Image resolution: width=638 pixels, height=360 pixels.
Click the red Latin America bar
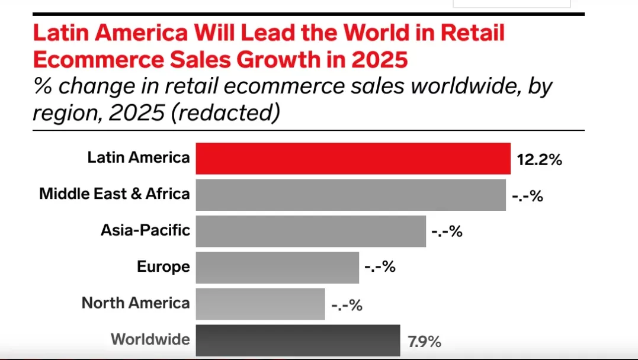[352, 158]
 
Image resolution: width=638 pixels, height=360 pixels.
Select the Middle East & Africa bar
[350, 195]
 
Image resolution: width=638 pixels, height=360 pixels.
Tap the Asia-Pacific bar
[310, 231]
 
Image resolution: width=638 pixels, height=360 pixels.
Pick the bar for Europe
[277, 268]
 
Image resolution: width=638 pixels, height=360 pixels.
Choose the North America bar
[260, 304]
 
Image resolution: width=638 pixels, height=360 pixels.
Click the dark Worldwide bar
[297, 340]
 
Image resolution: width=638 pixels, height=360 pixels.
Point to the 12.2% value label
[539, 159]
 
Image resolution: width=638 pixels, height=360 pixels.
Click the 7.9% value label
[424, 341]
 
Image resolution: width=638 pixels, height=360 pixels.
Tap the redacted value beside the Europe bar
[380, 268]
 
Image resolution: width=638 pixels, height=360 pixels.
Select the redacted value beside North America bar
[347, 305]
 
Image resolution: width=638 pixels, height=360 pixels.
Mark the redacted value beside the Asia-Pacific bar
[447, 232]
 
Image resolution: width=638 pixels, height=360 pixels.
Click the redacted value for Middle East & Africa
[527, 196]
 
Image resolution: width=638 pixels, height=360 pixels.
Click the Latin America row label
[139, 157]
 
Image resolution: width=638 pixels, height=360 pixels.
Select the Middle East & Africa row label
[114, 194]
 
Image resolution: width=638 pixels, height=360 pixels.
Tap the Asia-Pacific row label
[145, 230]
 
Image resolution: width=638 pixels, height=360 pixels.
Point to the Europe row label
[163, 266]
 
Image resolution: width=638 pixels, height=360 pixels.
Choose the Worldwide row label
[150, 339]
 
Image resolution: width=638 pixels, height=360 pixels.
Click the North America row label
[136, 303]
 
